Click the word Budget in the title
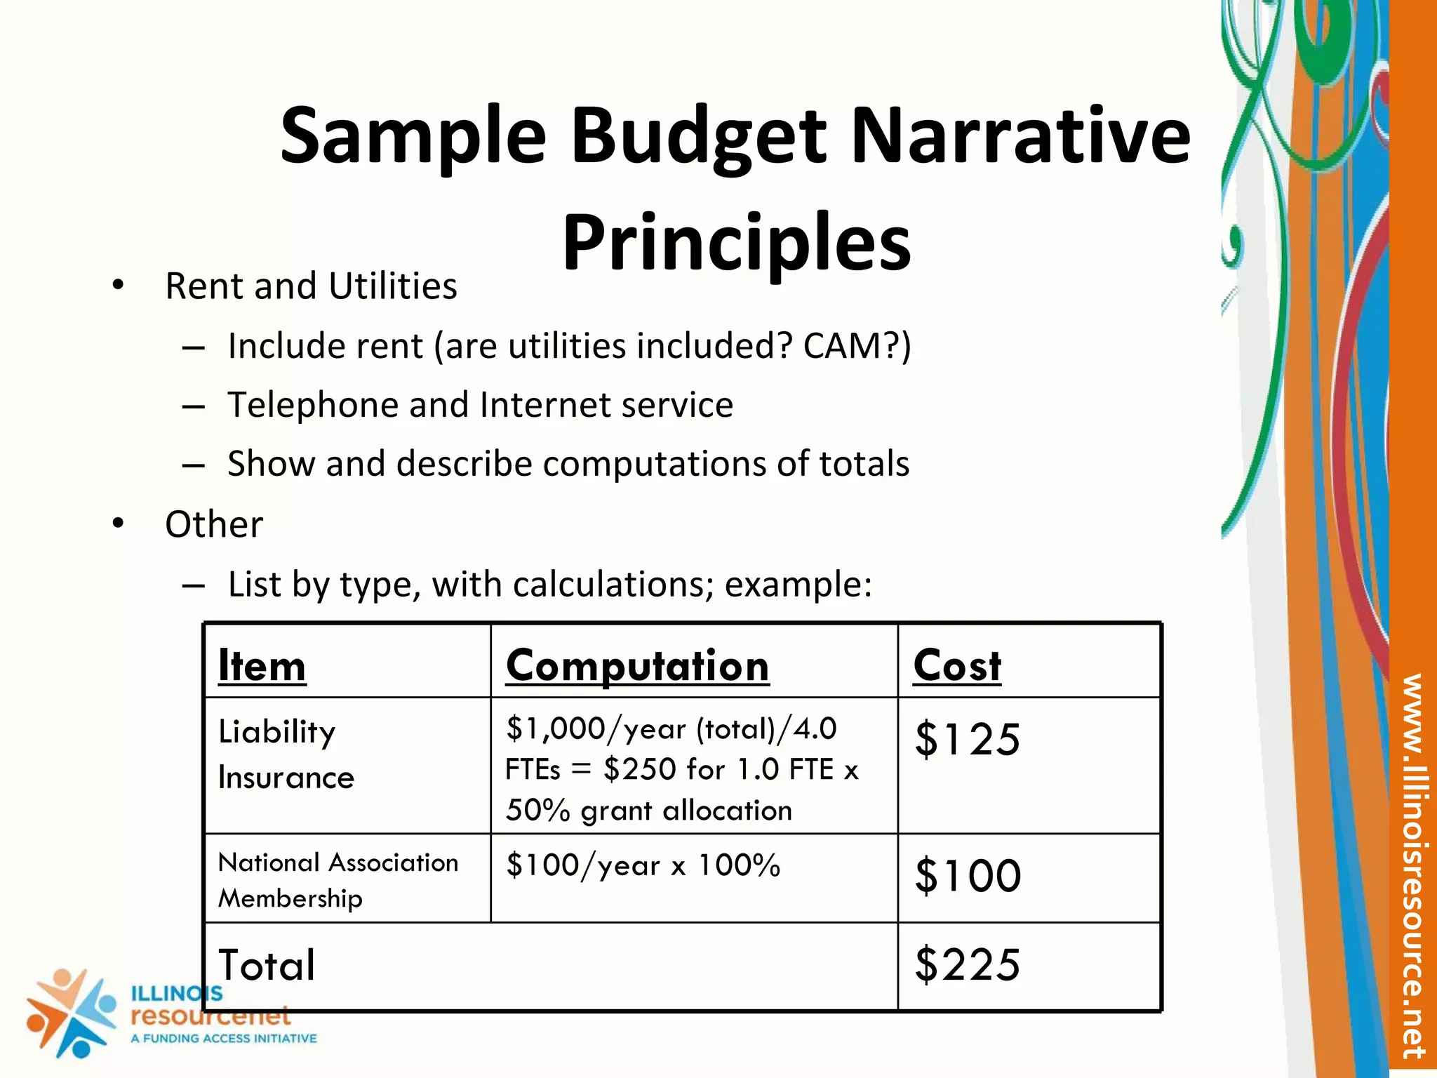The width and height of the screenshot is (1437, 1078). click(x=698, y=137)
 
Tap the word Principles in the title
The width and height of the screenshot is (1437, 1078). click(x=736, y=242)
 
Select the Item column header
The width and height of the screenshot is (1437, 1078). click(x=262, y=665)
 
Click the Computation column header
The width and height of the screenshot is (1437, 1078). click(x=637, y=665)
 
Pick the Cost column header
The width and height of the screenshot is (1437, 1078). click(x=957, y=665)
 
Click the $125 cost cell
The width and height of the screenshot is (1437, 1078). click(x=967, y=739)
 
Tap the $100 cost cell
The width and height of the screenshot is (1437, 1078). click(x=968, y=876)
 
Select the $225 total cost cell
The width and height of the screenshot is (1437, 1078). click(x=967, y=964)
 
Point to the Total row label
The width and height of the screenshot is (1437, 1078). click(x=267, y=965)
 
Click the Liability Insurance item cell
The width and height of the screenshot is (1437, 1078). click(x=286, y=754)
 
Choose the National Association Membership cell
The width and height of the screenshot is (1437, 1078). click(x=337, y=880)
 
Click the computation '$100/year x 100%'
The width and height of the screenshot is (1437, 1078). click(x=643, y=865)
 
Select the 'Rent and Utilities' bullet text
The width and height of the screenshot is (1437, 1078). click(x=311, y=286)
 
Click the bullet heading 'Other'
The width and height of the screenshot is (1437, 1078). click(x=214, y=524)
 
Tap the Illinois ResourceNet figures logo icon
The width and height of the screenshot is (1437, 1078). click(x=70, y=1011)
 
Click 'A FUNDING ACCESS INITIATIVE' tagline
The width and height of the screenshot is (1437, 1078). click(x=224, y=1039)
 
